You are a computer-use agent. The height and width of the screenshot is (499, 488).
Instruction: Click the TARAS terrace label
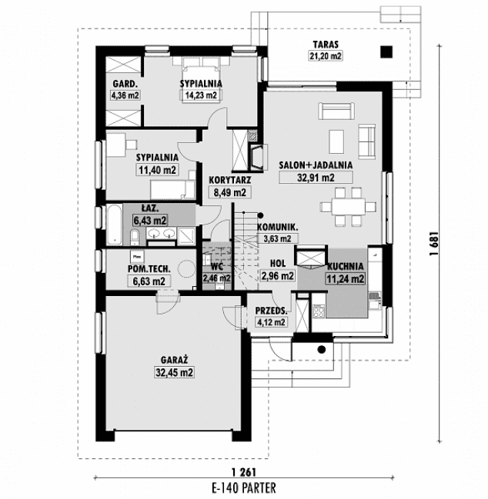click(326, 44)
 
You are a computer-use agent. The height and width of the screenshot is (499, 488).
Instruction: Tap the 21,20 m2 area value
click(326, 55)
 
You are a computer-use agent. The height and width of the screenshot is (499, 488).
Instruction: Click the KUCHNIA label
click(346, 268)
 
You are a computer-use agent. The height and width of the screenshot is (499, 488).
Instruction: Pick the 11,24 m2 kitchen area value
click(346, 279)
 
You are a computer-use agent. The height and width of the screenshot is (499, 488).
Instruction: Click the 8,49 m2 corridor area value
click(228, 192)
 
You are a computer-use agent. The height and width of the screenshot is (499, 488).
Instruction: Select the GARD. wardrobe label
click(124, 84)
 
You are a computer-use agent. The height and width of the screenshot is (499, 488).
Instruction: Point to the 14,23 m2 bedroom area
click(200, 95)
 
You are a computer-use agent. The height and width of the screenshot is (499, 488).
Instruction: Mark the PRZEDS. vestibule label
click(270, 311)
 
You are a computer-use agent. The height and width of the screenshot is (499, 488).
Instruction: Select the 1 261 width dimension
click(242, 471)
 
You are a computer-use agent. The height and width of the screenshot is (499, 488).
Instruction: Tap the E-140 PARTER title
click(242, 487)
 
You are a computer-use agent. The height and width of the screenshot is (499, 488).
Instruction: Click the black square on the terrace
click(385, 52)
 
